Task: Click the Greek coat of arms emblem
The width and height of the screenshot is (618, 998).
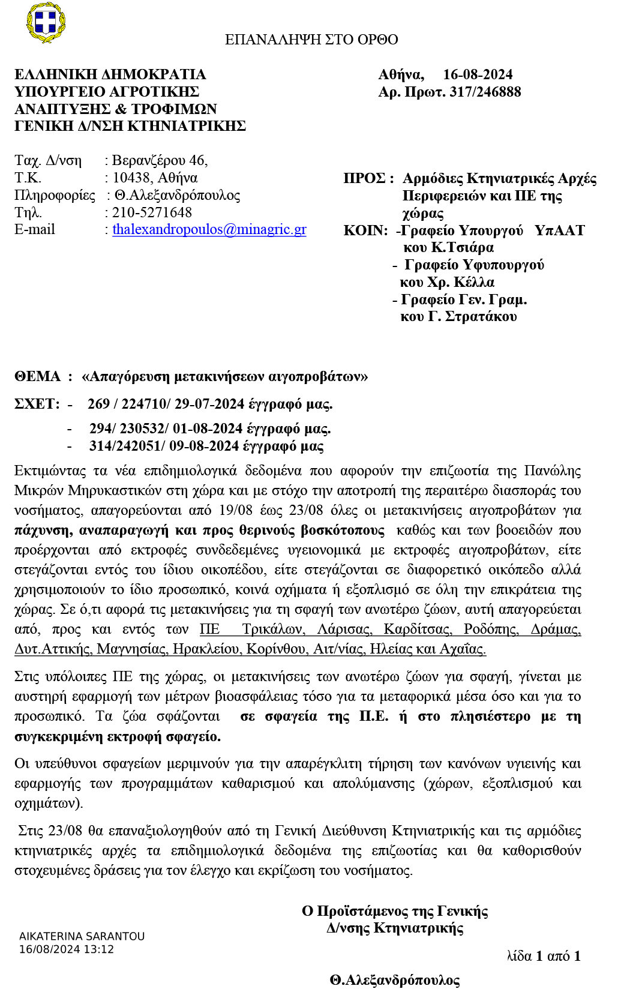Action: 46,23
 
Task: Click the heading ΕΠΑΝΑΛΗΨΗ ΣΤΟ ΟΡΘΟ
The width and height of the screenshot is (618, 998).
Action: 311,40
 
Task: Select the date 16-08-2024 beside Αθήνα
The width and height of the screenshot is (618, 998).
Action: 478,74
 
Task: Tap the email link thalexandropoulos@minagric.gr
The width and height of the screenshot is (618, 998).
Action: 209,229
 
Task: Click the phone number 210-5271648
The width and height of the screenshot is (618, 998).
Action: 152,212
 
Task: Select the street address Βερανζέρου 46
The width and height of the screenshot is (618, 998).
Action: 160,160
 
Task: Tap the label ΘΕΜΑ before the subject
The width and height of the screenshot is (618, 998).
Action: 38,376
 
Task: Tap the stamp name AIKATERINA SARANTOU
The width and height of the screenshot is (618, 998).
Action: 82,936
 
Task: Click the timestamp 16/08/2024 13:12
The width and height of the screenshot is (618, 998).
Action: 67,949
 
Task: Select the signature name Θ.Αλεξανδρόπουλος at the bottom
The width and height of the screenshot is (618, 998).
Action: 394,981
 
